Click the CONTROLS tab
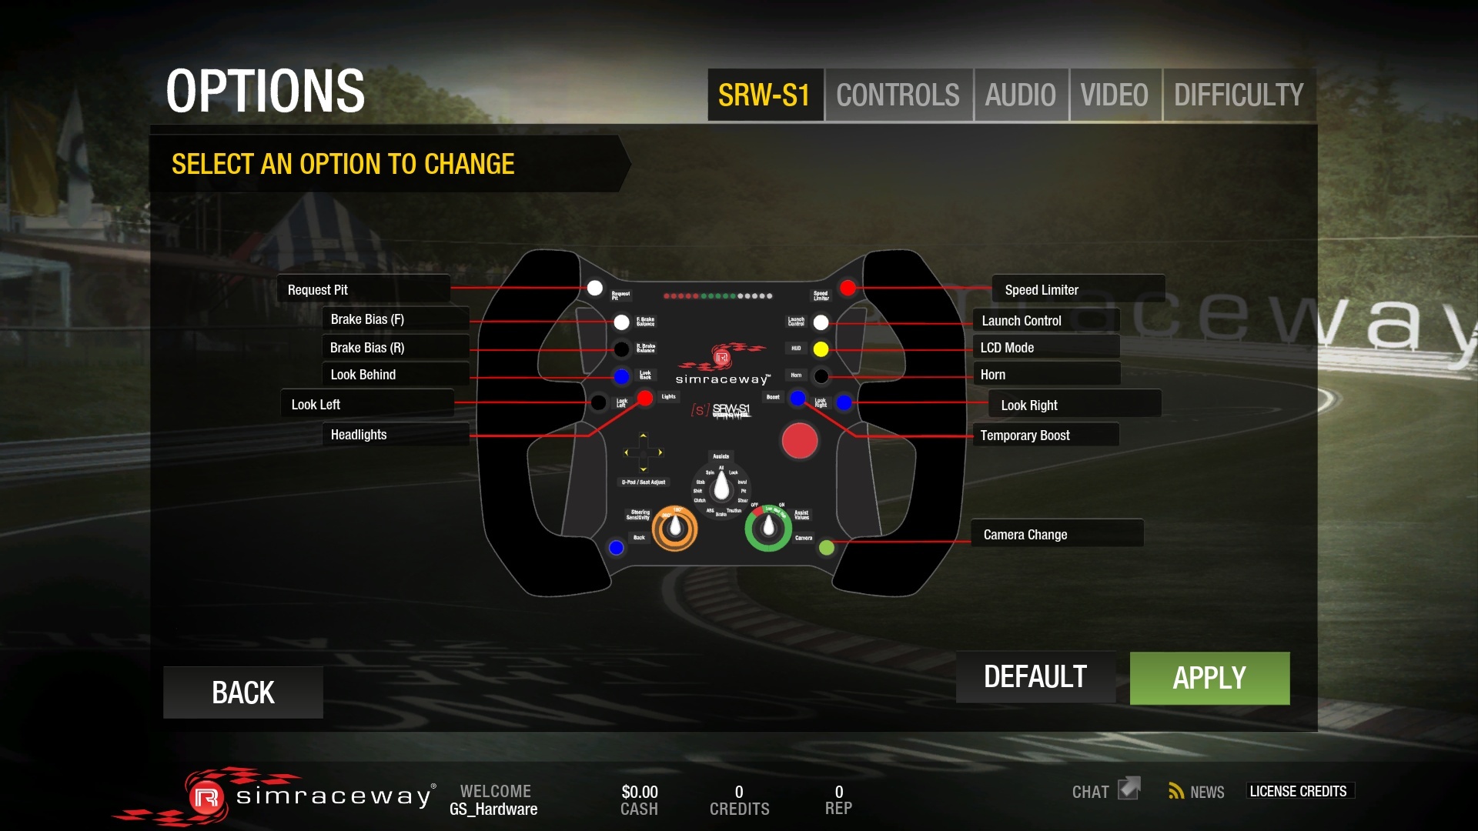coord(898,95)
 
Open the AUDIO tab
coord(1020,95)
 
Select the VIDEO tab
coord(1114,95)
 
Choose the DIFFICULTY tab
coord(1238,95)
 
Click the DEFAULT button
coord(1035,677)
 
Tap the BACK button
coord(242,692)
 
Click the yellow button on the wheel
coord(821,349)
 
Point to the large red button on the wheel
coord(799,441)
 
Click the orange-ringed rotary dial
coord(674,528)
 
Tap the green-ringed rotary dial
coord(767,528)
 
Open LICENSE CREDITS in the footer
coord(1298,791)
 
